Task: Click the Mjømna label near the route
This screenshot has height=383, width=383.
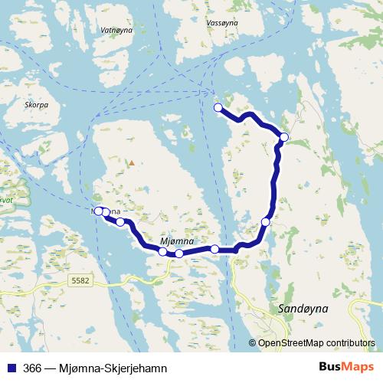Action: coord(176,241)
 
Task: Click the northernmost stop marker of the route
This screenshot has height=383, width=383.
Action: coord(218,107)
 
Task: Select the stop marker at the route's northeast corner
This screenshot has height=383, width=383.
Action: coord(284,137)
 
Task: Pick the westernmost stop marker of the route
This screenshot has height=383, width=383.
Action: coord(98,211)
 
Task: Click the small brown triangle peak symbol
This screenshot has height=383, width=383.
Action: coord(132,162)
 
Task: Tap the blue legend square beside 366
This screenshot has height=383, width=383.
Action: coord(11,368)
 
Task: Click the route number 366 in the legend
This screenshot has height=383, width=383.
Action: coord(33,368)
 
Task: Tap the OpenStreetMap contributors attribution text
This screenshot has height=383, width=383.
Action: coord(316,343)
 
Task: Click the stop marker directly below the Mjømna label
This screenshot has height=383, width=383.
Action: coord(178,254)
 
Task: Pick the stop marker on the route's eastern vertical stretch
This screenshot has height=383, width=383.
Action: coord(266,222)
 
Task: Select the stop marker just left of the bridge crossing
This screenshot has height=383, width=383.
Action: coord(214,249)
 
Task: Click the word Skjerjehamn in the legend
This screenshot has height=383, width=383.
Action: coord(138,368)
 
